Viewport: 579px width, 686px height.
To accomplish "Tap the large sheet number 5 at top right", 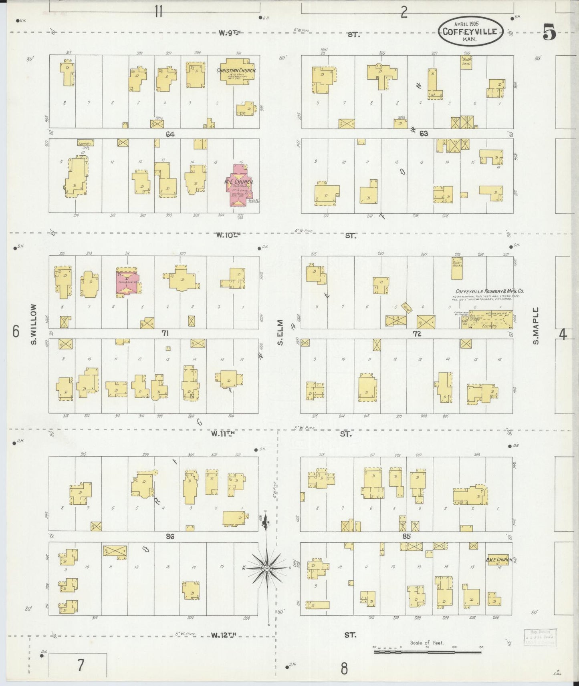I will [549, 32].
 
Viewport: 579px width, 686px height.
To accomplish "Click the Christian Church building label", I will [236, 70].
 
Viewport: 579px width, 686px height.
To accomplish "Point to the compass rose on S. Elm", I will [266, 568].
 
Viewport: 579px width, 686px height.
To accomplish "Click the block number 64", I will [170, 134].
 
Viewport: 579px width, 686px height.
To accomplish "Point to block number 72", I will [417, 334].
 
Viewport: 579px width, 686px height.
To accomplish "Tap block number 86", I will [170, 536].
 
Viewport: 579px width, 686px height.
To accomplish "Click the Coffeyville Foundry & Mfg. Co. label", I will [489, 291].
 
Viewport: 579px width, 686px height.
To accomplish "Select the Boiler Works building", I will [457, 268].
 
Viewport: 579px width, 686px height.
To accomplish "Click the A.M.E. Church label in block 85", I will [499, 560].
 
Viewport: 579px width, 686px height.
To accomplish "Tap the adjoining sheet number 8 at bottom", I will [344, 668].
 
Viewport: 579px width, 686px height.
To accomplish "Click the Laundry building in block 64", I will [85, 143].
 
